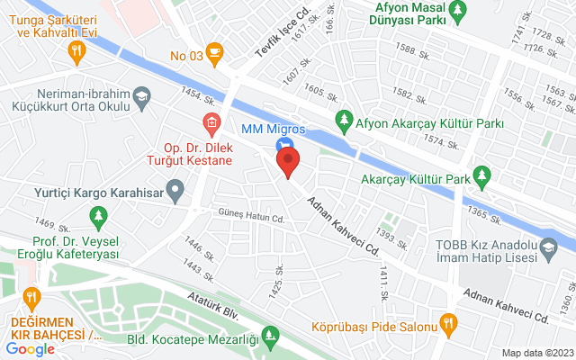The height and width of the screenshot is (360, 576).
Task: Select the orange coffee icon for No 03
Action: coord(213,50)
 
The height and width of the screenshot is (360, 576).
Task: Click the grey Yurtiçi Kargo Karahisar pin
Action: coord(176,191)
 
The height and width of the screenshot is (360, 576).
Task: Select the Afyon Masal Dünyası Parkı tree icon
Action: coord(459,10)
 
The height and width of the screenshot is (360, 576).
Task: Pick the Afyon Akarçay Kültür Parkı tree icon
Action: coord(343,119)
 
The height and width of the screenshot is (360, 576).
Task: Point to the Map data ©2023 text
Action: coord(536,352)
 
